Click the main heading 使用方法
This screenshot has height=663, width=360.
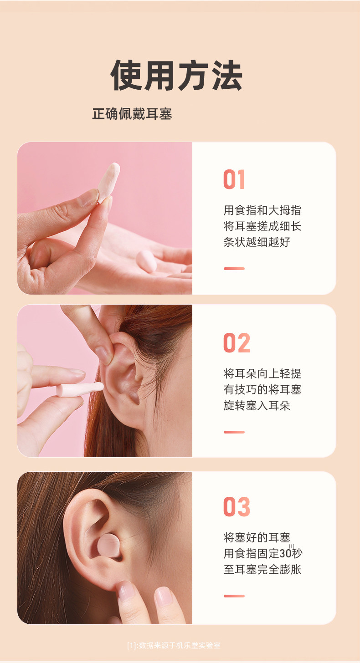point(177,76)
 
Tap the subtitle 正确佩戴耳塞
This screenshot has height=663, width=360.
point(132,114)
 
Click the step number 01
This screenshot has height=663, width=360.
point(234,179)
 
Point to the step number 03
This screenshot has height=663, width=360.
point(237,507)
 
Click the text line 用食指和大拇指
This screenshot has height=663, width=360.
point(262,210)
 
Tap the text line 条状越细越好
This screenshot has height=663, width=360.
point(257,242)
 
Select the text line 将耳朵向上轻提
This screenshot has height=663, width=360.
point(262,374)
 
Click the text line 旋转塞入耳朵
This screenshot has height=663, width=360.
point(257,405)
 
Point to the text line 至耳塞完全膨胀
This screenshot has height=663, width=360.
point(262,569)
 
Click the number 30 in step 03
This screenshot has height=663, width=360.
point(285,554)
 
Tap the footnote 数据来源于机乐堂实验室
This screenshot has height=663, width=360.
point(180,645)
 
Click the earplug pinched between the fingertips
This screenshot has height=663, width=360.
point(109,181)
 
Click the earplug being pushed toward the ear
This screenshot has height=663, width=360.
point(80,389)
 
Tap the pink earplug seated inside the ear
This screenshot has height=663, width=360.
point(109,546)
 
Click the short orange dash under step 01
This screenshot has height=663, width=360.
point(234,269)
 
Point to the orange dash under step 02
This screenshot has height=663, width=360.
point(234,432)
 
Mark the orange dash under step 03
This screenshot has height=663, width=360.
point(234,596)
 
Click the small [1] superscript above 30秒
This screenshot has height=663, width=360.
point(292,546)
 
